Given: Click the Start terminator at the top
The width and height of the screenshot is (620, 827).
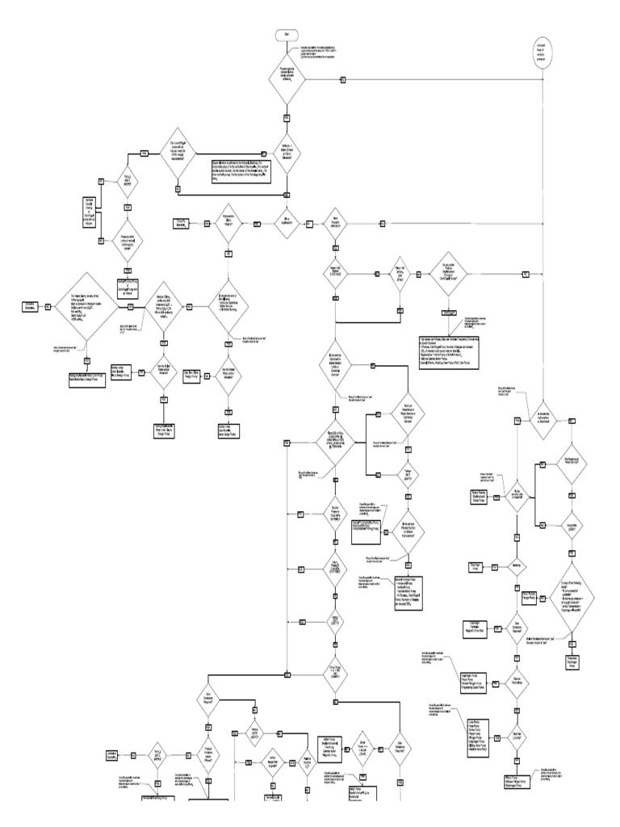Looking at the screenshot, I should (287, 35).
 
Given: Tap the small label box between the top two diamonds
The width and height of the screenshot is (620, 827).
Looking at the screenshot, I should (287, 115).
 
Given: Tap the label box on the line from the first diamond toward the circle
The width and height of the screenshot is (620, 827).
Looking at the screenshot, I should (342, 81).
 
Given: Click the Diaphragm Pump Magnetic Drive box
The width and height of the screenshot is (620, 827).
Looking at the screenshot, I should (475, 625).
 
